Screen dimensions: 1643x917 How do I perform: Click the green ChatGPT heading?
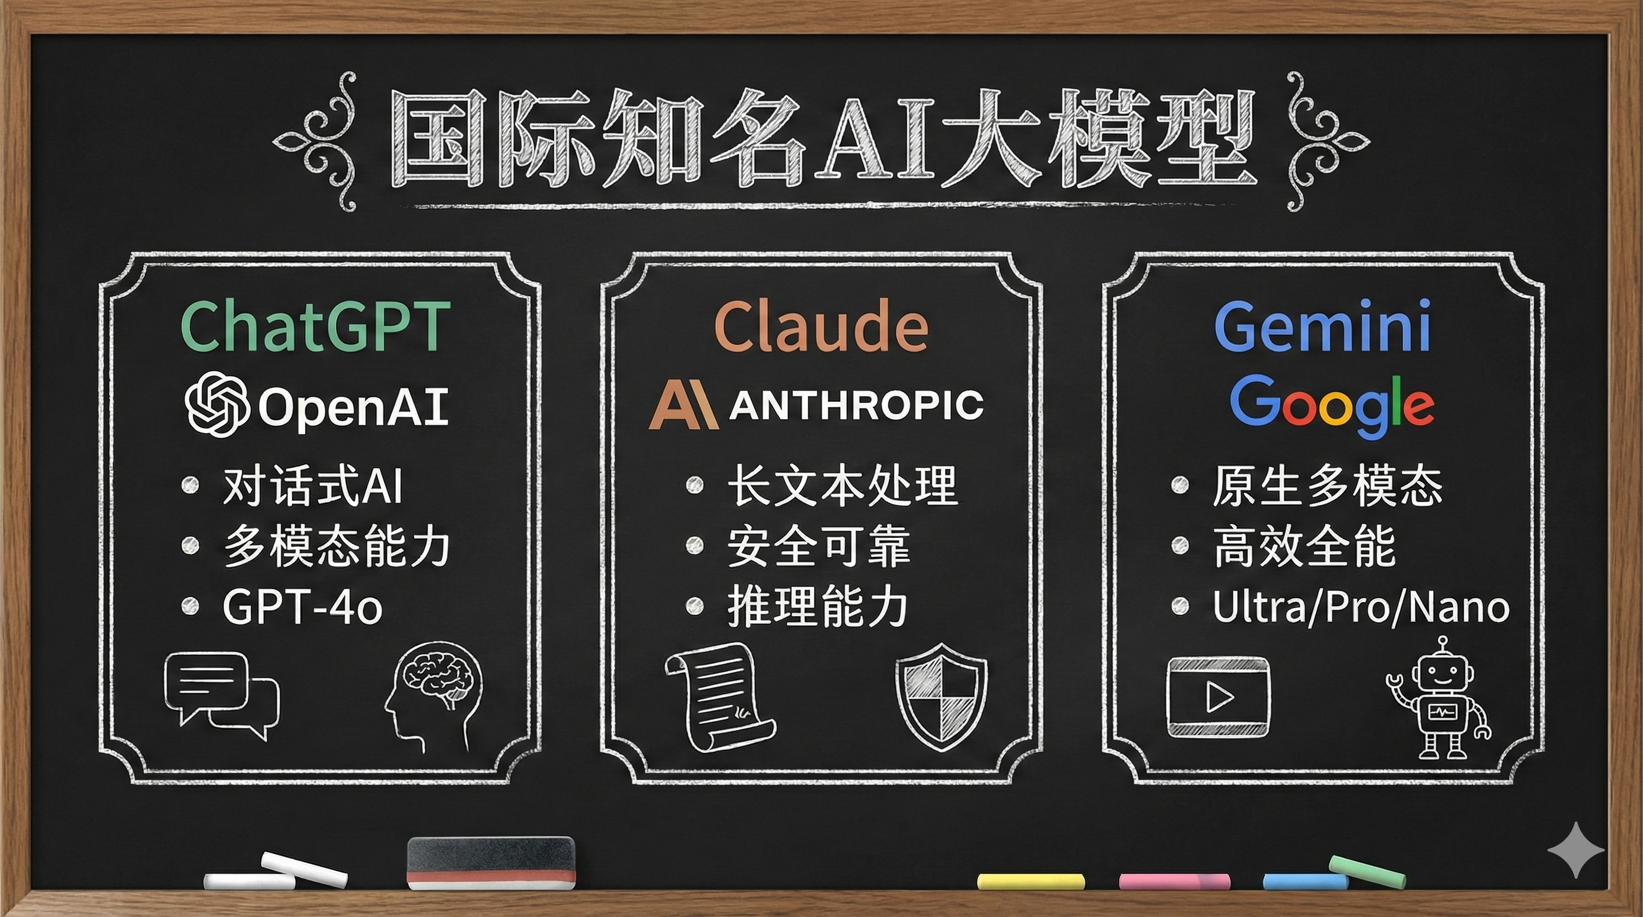click(316, 327)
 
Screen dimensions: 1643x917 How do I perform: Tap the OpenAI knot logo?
click(217, 404)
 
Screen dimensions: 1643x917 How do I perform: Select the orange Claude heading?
click(821, 327)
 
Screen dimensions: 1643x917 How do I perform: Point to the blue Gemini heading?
click(1322, 327)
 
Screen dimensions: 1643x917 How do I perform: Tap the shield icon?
click(942, 696)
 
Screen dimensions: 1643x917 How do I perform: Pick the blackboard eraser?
click(491, 862)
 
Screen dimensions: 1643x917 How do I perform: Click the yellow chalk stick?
click(1030, 881)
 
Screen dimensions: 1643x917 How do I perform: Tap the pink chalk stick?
click(1174, 881)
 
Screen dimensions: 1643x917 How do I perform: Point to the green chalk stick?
click(1367, 872)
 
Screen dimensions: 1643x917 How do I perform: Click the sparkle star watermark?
click(1576, 850)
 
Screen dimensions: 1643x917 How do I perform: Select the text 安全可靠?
click(819, 546)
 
